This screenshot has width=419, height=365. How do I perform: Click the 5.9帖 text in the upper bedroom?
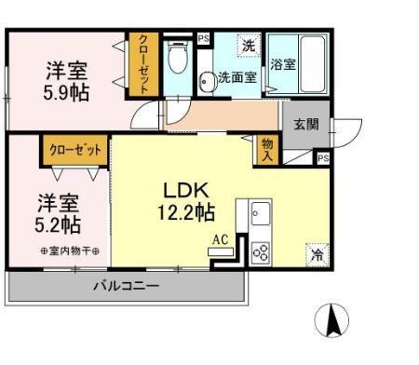pyautogui.click(x=66, y=93)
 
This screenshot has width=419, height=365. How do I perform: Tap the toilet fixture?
pyautogui.click(x=178, y=61)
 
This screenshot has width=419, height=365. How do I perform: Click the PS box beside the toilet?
pyautogui.click(x=203, y=39)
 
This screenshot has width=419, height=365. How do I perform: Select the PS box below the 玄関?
pyautogui.click(x=322, y=158)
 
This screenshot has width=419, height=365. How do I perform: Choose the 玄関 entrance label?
pyautogui.click(x=306, y=124)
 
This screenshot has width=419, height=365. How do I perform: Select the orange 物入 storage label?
pyautogui.click(x=267, y=148)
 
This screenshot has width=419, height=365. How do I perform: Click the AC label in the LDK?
pyautogui.click(x=220, y=240)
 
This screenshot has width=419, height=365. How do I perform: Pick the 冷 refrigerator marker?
pyautogui.click(x=316, y=251)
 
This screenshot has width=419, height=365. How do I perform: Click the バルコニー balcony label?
pyautogui.click(x=125, y=285)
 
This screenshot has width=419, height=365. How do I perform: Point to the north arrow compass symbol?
pyautogui.click(x=332, y=321)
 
